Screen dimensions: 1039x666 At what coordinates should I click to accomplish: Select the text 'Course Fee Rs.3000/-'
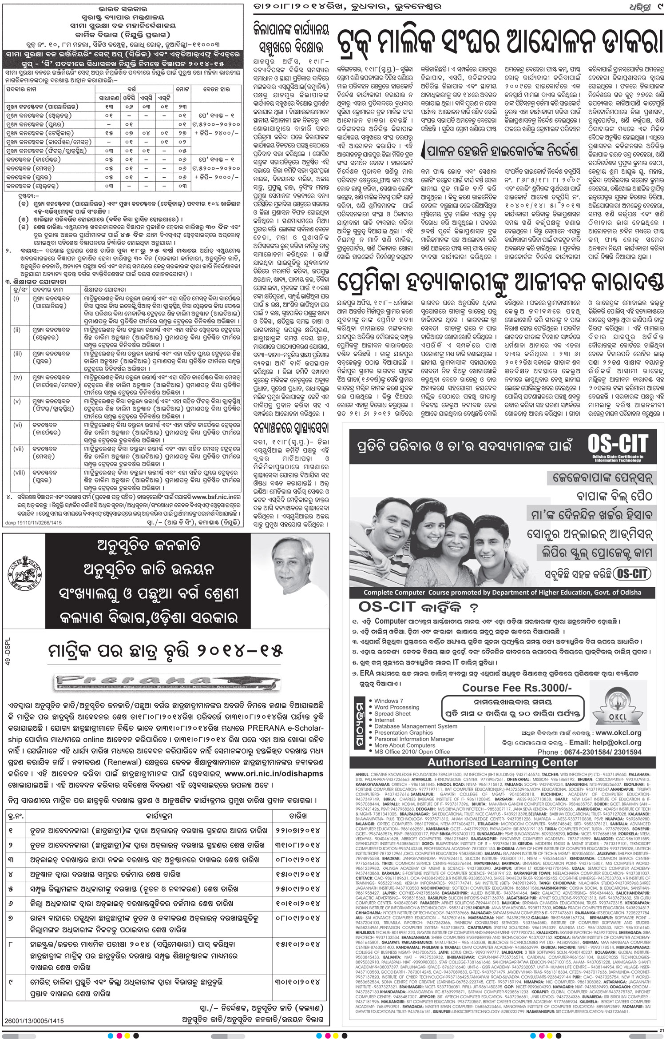click(x=517, y=688)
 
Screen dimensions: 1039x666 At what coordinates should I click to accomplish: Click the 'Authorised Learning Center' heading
click(x=502, y=762)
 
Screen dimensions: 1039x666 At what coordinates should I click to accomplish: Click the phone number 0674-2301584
click(x=589, y=752)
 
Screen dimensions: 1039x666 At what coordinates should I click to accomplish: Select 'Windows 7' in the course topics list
click(x=389, y=701)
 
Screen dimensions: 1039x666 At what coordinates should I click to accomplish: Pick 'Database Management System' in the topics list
click(x=416, y=726)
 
